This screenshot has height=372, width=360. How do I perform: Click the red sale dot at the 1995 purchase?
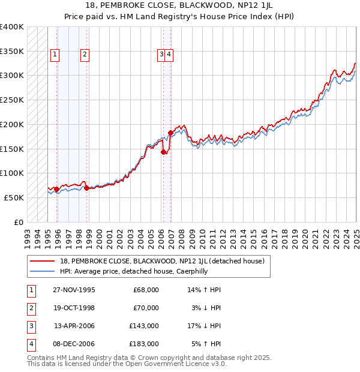click(x=56, y=189)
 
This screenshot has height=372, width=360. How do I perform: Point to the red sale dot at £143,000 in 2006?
click(x=163, y=152)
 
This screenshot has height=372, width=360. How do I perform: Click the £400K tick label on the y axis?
click(x=13, y=27)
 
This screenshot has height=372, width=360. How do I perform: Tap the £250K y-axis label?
click(x=13, y=100)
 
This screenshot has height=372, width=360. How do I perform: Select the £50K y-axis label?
click(x=14, y=197)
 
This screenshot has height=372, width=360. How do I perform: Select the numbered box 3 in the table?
click(x=30, y=326)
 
